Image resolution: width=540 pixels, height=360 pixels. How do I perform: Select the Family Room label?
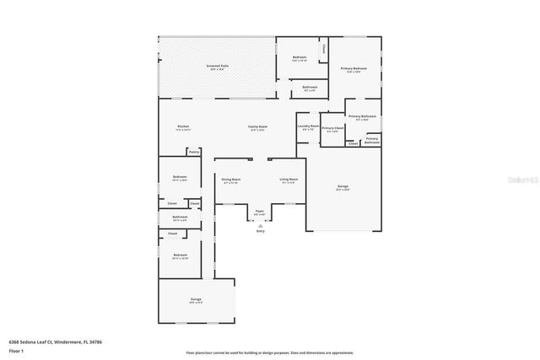256,126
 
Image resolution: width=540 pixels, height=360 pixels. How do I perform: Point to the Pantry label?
194,153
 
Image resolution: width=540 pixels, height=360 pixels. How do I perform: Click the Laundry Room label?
308,126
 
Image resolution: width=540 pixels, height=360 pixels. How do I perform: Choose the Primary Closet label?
332,128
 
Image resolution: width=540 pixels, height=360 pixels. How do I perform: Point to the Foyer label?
260,212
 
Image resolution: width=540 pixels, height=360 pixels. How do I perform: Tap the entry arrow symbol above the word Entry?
260,225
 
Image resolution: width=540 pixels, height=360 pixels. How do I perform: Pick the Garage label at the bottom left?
195,299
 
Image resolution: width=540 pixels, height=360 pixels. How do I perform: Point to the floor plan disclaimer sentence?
269,352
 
